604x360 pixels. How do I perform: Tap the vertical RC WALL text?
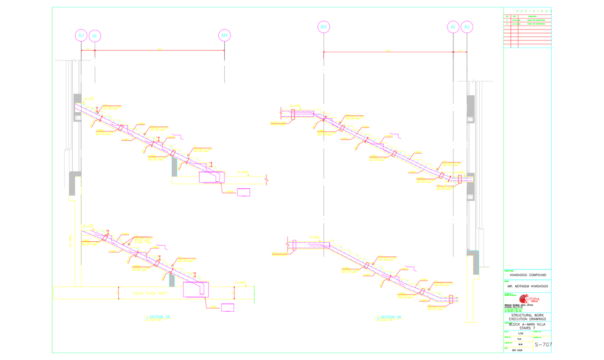pyautogui.click(x=70, y=239)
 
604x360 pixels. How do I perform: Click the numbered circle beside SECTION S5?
pyautogui.click(x=146, y=319)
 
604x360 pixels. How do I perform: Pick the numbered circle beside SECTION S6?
pyautogui.click(x=377, y=319)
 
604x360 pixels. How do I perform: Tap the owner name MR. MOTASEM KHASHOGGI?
pyautogui.click(x=527, y=287)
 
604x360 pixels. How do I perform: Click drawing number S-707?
pyautogui.click(x=543, y=345)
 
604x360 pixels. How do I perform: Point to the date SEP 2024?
pyautogui.click(x=517, y=350)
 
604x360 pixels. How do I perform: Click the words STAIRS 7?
pyautogui.click(x=527, y=329)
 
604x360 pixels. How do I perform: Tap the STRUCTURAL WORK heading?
pyautogui.click(x=527, y=315)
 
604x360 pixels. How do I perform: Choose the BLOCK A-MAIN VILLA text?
pyautogui.click(x=527, y=325)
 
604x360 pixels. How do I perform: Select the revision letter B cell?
pyautogui.click(x=507, y=24)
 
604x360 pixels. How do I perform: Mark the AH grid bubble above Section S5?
pyautogui.click(x=224, y=35)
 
